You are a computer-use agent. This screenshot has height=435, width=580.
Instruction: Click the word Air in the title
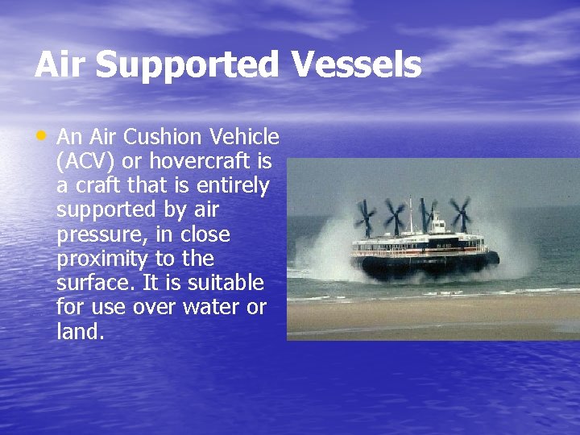[60, 65]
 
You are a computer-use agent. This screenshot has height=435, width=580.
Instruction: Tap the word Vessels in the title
[356, 65]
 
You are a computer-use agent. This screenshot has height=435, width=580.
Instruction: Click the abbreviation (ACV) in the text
[85, 162]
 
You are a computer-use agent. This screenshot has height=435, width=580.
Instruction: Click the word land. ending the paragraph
[81, 331]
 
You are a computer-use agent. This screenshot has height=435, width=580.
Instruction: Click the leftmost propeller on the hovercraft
[366, 217]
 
